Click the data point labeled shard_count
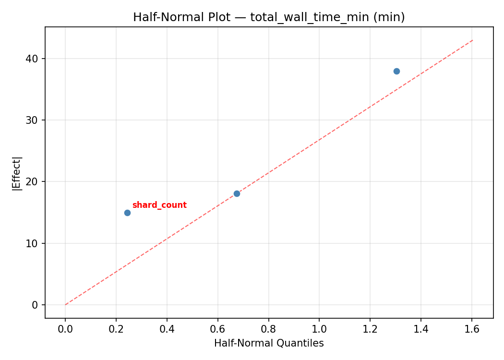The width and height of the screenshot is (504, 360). point(127,213)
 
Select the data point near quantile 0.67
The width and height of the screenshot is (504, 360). point(237,193)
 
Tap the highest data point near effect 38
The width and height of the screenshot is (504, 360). point(396,71)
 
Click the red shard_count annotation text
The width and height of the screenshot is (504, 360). point(159,205)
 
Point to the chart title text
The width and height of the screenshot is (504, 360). point(269,17)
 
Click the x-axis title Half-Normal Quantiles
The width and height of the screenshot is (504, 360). point(269,344)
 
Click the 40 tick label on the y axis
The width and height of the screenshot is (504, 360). point(32,59)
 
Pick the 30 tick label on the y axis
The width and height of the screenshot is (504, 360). point(32,120)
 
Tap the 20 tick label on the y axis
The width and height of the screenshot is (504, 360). point(32,181)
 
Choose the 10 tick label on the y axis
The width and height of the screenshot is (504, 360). point(32,243)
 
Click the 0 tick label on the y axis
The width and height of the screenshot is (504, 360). point(35,305)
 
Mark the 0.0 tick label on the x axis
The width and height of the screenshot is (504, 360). point(65,329)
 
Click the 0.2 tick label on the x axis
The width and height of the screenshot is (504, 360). point(116,329)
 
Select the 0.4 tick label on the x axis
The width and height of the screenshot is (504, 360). point(167,329)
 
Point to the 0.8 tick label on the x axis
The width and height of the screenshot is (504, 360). point(269,329)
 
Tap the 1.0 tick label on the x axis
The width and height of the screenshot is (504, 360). point(320,329)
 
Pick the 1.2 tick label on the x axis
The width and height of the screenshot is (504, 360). point(370,329)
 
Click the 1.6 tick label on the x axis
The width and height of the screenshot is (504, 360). point(472,329)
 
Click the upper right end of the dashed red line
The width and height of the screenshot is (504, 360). point(473,40)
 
